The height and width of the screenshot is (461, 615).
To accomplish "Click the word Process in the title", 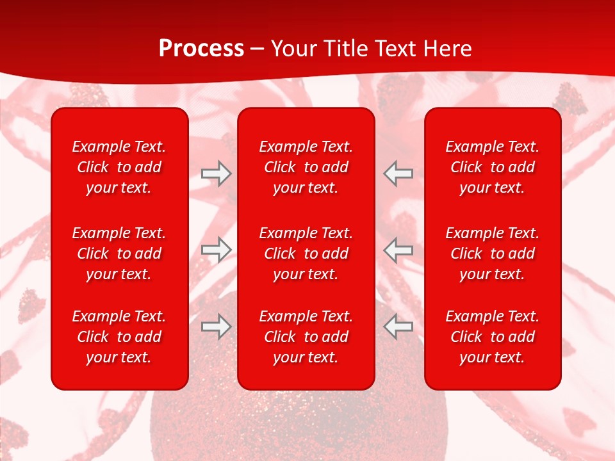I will [x=201, y=48].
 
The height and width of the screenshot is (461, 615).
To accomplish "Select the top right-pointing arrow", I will [x=216, y=173].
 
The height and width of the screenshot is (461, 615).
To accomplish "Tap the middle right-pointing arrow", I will [x=216, y=250].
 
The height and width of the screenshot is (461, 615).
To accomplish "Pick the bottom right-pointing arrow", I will [x=216, y=327].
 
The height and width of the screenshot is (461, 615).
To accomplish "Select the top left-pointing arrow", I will [x=398, y=173].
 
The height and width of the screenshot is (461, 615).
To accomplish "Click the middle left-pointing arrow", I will [x=398, y=250].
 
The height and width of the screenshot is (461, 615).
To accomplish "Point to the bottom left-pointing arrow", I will [x=398, y=327].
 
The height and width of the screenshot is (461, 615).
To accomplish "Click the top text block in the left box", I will [x=119, y=167].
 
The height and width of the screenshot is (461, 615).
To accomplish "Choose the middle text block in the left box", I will [x=119, y=254].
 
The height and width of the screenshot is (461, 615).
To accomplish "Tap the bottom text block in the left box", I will [x=119, y=337].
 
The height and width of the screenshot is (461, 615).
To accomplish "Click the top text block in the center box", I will [x=306, y=167].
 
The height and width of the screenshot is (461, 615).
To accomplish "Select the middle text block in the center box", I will [x=306, y=254].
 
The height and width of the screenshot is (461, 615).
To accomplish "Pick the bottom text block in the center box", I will [x=306, y=337].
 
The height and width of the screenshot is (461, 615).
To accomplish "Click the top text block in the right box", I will [x=493, y=167].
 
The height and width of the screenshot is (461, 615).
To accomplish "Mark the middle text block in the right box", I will [x=493, y=254].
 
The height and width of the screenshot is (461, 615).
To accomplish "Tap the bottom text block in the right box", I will [x=493, y=337].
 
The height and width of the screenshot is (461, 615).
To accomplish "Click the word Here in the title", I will [x=448, y=49].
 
